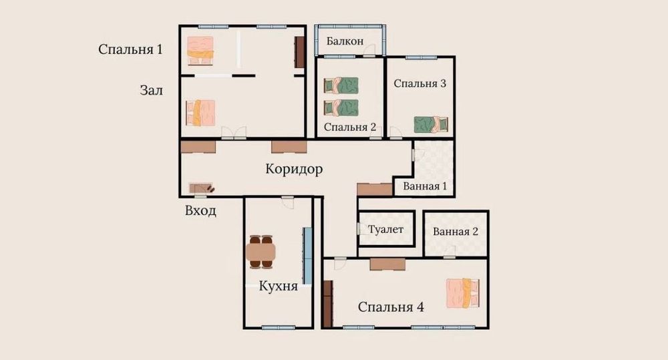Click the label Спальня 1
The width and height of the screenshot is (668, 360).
click(x=130, y=49)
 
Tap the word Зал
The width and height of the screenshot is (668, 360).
click(x=152, y=89)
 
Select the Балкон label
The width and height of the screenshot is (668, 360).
click(x=345, y=41)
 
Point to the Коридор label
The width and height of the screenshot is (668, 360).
click(x=294, y=169)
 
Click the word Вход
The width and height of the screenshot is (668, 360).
click(x=200, y=211)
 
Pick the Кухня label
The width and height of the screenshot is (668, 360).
click(x=279, y=286)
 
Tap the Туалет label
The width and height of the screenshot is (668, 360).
click(x=386, y=230)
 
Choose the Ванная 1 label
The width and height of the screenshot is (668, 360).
click(x=425, y=186)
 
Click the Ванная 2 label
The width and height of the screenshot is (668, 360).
click(x=456, y=232)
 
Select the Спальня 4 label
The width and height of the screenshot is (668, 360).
click(x=391, y=307)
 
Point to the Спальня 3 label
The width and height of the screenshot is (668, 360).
click(x=420, y=83)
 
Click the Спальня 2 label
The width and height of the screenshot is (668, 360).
click(x=350, y=126)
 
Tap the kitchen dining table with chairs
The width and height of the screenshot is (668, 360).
click(x=261, y=251)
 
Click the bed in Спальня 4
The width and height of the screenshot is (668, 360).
click(x=463, y=293)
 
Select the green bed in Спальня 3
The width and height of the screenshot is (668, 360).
click(x=431, y=124)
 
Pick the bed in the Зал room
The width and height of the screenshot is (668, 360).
click(x=201, y=113)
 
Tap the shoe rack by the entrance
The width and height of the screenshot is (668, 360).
click(x=201, y=189)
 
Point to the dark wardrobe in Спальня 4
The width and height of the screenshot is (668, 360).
click(x=327, y=304)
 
